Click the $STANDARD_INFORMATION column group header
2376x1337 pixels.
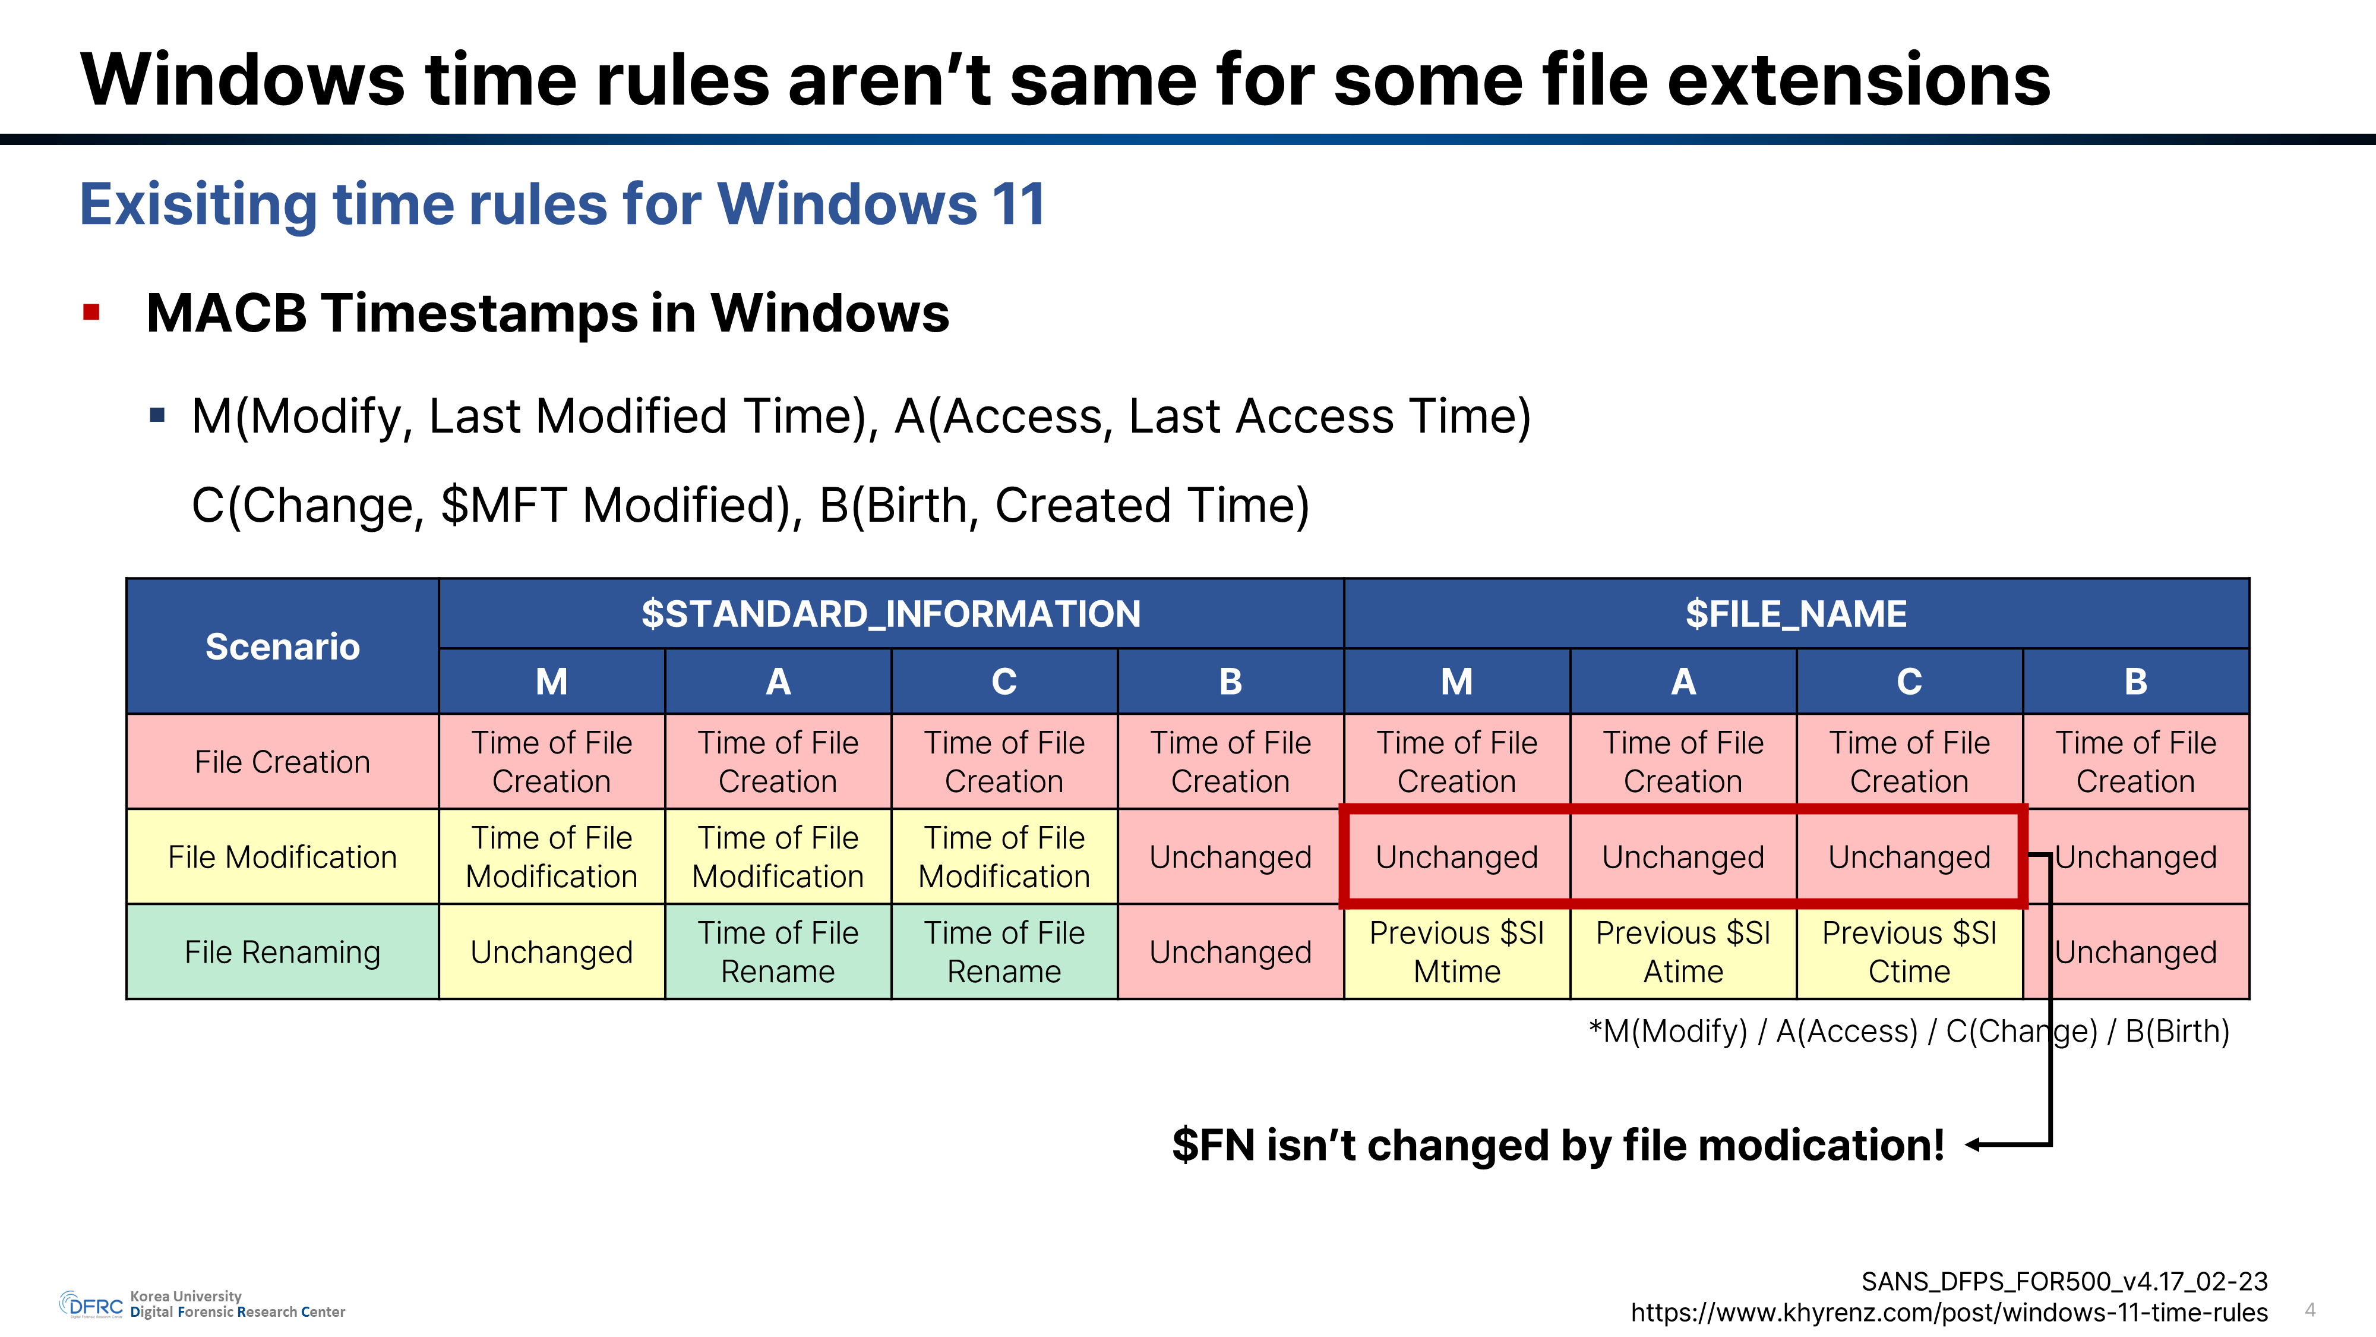tap(891, 614)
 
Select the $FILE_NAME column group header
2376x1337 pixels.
tap(1796, 614)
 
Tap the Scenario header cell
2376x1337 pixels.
tap(282, 647)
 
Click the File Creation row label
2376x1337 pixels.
tap(282, 762)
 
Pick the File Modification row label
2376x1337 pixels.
tap(282, 857)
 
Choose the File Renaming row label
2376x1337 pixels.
tap(282, 952)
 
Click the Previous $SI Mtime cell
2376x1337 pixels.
tap(1456, 952)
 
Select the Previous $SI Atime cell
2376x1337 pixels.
tap(1683, 952)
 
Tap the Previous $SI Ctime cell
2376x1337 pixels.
tap(1909, 952)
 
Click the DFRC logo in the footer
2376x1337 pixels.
tap(90, 1305)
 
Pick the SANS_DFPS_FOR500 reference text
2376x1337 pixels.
tap(2064, 1282)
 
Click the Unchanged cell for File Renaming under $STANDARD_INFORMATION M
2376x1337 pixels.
tap(552, 952)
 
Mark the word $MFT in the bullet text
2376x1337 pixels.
tap(504, 506)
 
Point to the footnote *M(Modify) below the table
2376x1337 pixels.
tap(1667, 1030)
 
